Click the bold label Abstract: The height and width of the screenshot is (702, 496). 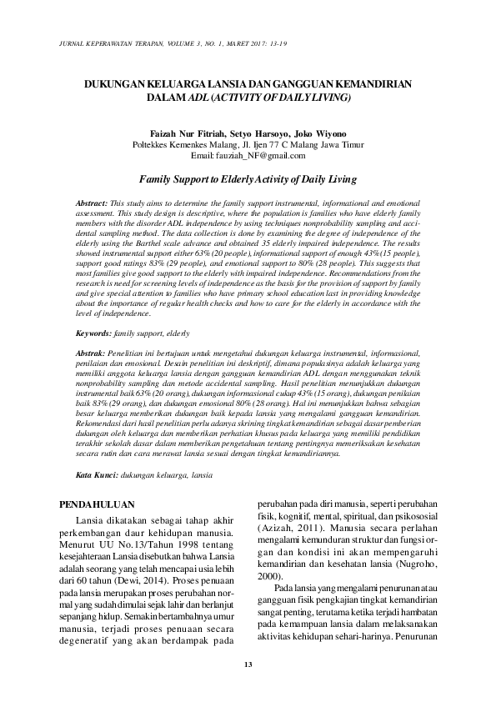91,203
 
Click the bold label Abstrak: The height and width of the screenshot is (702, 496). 91,354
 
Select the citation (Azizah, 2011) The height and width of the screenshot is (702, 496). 288,529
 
